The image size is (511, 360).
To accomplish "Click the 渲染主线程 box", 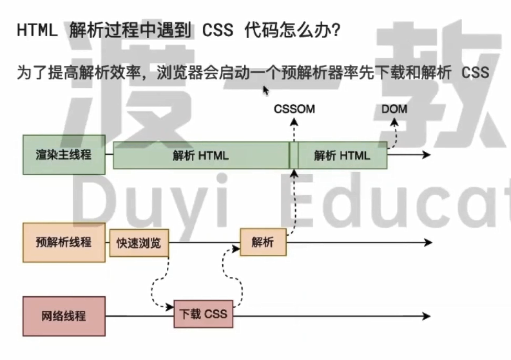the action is [64, 155].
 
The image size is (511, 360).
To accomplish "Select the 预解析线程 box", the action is [64, 242].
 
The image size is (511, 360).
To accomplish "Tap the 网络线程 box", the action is [64, 316].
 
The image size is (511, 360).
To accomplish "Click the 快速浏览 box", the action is [139, 243].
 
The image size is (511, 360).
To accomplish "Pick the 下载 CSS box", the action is [203, 314].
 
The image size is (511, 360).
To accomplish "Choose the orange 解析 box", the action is [263, 242].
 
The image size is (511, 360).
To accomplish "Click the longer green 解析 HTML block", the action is [201, 155].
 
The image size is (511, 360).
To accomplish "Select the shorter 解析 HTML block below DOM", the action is [342, 155].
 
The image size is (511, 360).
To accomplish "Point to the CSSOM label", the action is [294, 109].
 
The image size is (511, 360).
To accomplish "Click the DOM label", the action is [394, 109].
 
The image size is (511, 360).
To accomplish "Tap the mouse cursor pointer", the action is [266, 91].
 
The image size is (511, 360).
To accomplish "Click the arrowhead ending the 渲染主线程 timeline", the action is [427, 154].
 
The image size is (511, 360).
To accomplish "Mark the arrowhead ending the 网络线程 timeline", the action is [427, 316].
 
